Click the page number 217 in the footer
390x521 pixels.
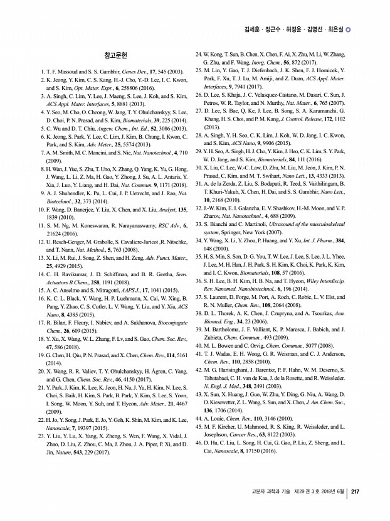(x=355, y=492)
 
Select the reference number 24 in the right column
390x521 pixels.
(x=199, y=55)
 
